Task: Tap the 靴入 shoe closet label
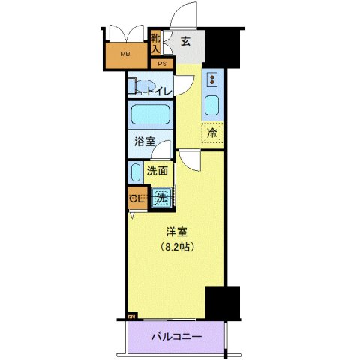pyautogui.click(x=155, y=43)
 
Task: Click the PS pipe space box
pyautogui.click(x=161, y=64)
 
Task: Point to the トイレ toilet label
pyautogui.click(x=158, y=91)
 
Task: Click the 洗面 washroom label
pyautogui.click(x=156, y=170)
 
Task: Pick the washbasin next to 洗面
pyautogui.click(x=135, y=172)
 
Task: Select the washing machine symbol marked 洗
pyautogui.click(x=160, y=199)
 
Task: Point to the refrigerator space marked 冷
pyautogui.click(x=212, y=133)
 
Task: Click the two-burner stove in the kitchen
pyautogui.click(x=212, y=79)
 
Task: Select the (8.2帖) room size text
pyautogui.click(x=175, y=246)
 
